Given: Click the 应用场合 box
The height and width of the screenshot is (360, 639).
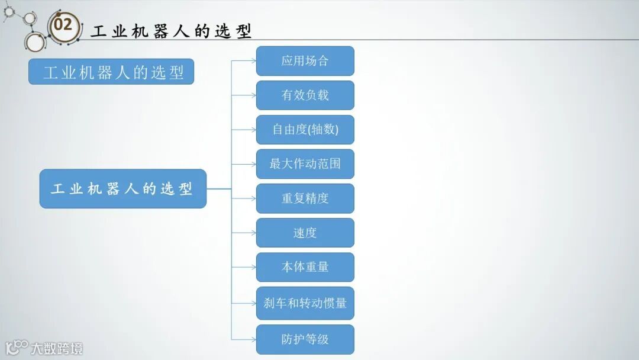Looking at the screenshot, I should (305, 61).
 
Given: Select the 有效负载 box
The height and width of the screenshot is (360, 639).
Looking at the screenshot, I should (305, 95).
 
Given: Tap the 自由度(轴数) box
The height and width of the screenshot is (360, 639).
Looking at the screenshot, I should (305, 130).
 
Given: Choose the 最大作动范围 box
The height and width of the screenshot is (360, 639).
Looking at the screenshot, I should (305, 164).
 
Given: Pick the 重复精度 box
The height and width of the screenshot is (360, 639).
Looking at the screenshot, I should (305, 198).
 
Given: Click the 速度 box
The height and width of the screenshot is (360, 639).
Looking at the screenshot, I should (305, 233).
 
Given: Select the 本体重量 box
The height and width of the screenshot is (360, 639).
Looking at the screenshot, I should (305, 267).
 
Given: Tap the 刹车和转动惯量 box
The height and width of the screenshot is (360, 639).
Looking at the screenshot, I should (305, 303).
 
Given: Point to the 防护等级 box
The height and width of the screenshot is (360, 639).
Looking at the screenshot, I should (305, 339).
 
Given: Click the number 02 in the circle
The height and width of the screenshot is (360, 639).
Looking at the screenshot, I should (63, 25).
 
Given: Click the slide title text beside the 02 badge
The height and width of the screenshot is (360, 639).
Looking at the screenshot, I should (172, 31).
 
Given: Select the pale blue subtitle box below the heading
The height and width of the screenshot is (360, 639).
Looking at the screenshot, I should (111, 72).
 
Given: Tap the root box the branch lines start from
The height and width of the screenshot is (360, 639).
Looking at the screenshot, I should (123, 189).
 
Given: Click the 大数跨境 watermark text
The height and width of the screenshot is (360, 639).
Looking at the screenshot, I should (57, 348).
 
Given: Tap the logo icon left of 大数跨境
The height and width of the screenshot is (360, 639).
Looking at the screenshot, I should (17, 348).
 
